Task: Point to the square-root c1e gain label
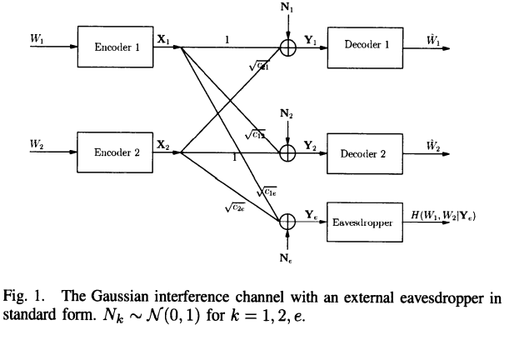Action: (x=267, y=192)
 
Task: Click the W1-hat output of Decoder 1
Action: (x=433, y=37)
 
